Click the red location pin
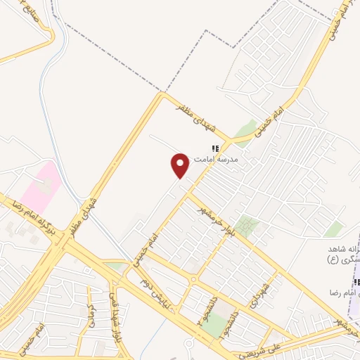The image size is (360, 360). click(x=180, y=165)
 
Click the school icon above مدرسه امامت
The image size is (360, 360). click(x=217, y=149)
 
